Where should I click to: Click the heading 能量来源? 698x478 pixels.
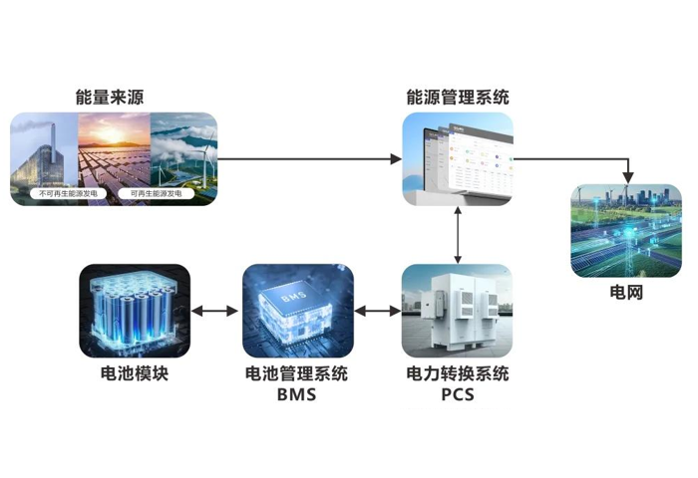point(114,98)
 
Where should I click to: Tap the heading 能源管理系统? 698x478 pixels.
point(458,98)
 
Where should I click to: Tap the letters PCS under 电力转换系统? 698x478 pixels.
point(457,395)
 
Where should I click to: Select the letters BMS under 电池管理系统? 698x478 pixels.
point(296,395)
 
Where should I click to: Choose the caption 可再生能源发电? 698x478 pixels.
point(151,193)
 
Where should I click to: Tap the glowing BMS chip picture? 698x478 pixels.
point(297,311)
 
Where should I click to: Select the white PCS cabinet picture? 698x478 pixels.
point(458,311)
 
